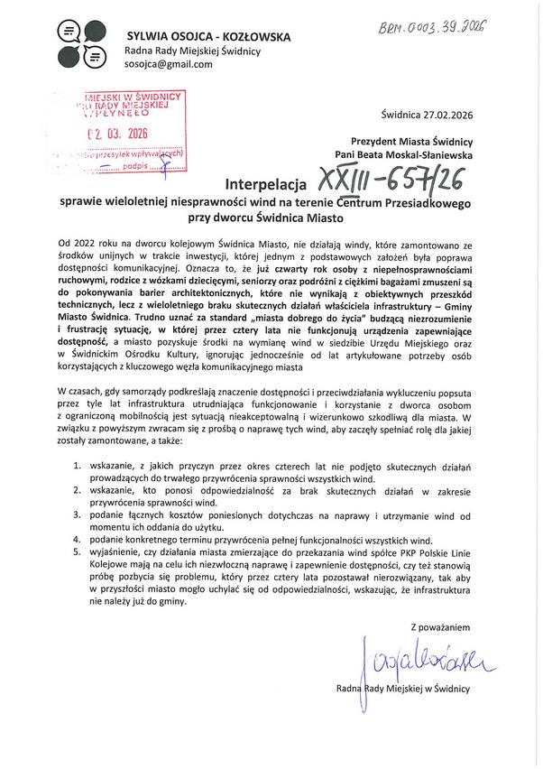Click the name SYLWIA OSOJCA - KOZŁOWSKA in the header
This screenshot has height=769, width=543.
pos(207,37)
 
